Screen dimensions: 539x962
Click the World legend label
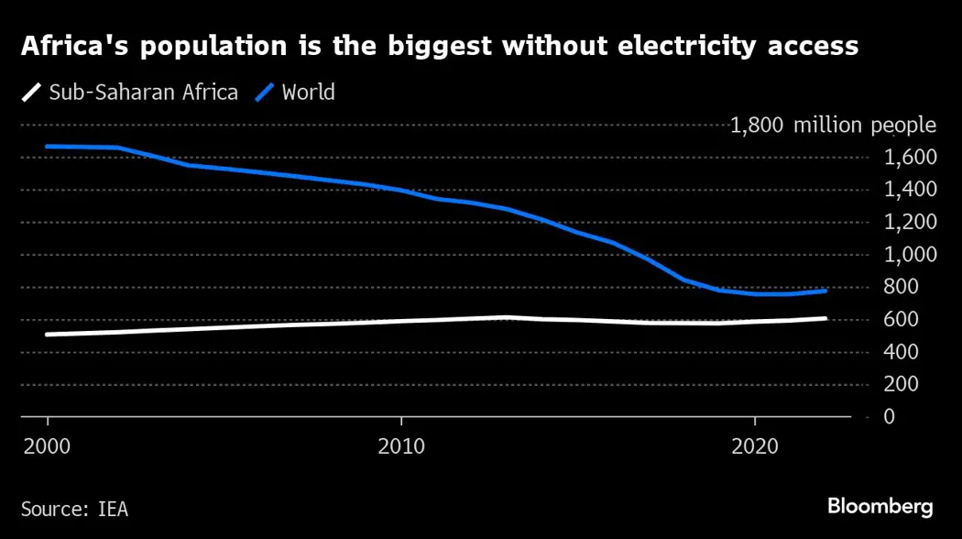coord(308,93)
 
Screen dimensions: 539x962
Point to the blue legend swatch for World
coord(266,93)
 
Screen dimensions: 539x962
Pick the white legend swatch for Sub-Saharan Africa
coord(32,93)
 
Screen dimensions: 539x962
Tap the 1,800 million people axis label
coord(832,126)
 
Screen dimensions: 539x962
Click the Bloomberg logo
coord(880,506)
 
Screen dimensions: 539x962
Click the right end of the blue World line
coord(825,291)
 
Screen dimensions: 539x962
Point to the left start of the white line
coord(47,335)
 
